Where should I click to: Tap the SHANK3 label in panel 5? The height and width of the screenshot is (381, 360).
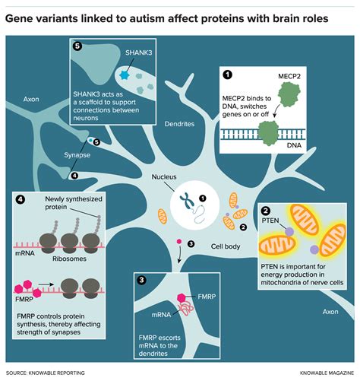(139, 52)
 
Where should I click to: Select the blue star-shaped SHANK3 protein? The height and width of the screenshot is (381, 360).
(125, 75)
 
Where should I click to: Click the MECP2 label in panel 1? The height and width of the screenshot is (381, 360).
(289, 76)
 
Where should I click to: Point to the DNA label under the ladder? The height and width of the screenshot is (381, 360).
(294, 145)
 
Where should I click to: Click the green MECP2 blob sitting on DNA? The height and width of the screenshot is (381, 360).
(268, 133)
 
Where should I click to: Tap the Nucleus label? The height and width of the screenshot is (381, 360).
(164, 176)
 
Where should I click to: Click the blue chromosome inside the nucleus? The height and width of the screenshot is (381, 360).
(187, 201)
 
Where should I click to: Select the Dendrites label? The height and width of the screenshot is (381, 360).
(179, 124)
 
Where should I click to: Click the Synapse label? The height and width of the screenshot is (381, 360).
(77, 155)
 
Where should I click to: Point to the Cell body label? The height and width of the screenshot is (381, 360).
(226, 246)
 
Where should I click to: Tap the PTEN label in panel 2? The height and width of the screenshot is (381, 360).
(270, 221)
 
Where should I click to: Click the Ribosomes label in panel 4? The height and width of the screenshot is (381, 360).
(69, 259)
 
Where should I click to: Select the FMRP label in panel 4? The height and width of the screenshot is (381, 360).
(24, 300)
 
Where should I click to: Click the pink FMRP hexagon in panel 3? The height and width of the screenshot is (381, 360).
(182, 298)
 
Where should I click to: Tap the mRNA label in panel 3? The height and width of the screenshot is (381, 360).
(161, 315)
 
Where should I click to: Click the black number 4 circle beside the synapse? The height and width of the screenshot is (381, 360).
(74, 176)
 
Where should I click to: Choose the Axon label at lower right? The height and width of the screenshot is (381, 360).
(330, 312)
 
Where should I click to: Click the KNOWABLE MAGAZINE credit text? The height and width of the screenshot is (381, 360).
(327, 373)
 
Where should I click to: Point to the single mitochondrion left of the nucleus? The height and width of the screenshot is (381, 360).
(163, 216)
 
